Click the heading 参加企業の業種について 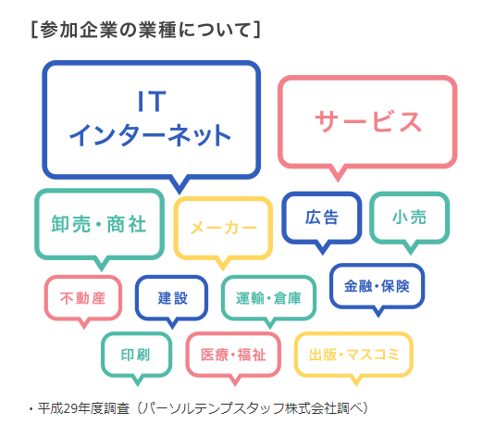click(x=145, y=30)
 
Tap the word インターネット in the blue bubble click(x=150, y=135)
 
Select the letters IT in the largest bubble click(x=152, y=101)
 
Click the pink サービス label click(x=368, y=121)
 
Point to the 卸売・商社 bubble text click(x=99, y=224)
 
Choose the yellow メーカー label click(x=224, y=228)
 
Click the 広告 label click(x=322, y=218)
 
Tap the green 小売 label click(x=410, y=218)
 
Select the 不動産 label click(x=82, y=298)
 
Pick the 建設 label click(x=172, y=298)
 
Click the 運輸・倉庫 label click(x=268, y=298)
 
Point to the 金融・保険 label click(x=377, y=286)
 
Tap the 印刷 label click(x=136, y=355)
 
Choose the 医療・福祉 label click(x=233, y=355)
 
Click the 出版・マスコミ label click(x=353, y=355)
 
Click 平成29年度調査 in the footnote click(x=83, y=408)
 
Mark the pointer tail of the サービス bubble click(x=338, y=174)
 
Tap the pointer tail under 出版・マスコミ click(x=356, y=381)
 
